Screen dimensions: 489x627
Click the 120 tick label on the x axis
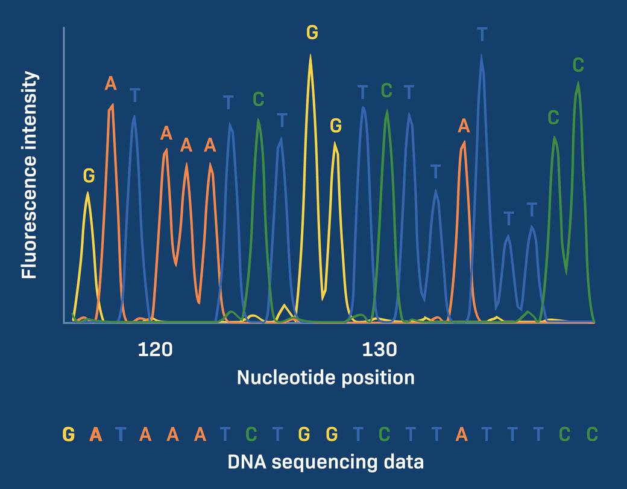tap(155, 350)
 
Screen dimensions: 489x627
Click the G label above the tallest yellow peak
tap(312, 33)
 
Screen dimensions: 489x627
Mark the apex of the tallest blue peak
tap(481, 55)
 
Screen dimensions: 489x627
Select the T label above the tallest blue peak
tap(482, 34)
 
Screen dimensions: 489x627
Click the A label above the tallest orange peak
tap(110, 83)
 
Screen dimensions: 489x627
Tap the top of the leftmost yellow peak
tap(88, 193)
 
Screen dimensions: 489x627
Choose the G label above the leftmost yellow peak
tap(89, 176)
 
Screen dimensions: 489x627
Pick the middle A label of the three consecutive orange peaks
tap(186, 145)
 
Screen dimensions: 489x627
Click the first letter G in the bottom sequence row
tap(69, 433)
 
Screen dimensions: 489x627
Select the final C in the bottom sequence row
tap(592, 433)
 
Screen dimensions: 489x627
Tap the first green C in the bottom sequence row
tap(252, 433)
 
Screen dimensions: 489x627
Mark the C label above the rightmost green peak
tap(578, 65)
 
